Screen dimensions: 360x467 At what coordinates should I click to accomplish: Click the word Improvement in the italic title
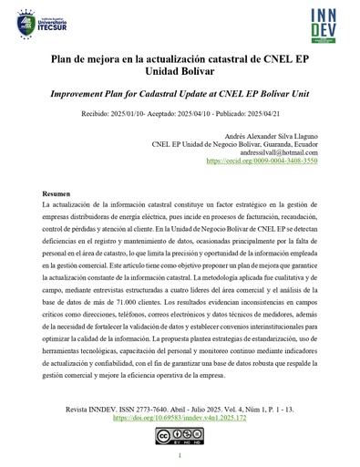tap(95, 94)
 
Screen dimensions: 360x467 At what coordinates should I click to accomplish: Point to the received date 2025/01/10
tap(133, 115)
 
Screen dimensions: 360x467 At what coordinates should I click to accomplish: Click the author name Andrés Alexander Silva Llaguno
tap(267, 135)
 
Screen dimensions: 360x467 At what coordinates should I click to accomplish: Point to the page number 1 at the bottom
tap(180, 456)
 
